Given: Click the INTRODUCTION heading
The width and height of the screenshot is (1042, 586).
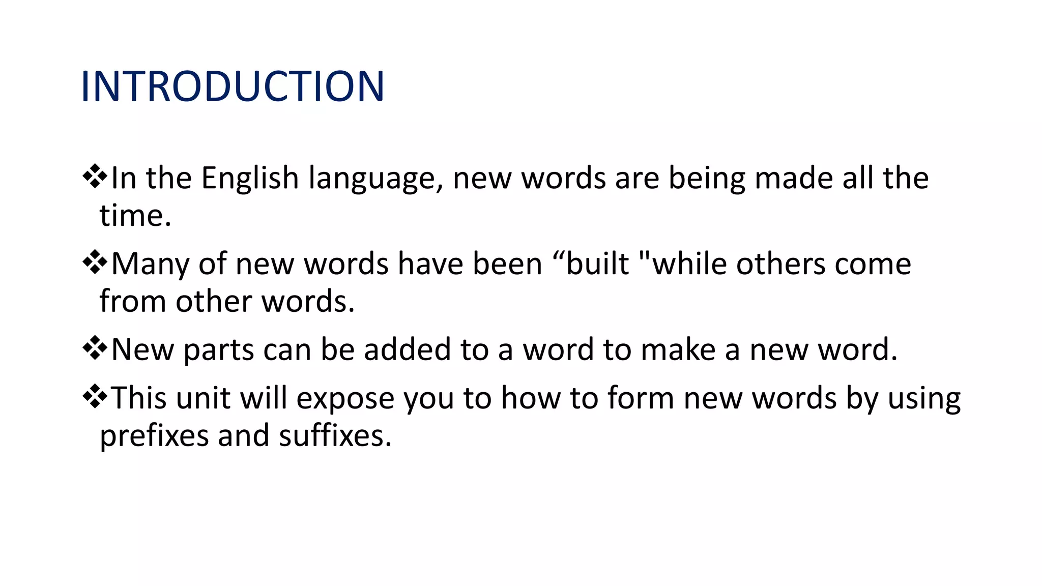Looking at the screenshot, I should (x=233, y=86).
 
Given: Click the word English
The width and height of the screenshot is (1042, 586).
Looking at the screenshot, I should (x=249, y=179).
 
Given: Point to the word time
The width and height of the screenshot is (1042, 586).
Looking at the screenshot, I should (x=134, y=216).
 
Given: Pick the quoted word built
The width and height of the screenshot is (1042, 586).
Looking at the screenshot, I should (x=597, y=264).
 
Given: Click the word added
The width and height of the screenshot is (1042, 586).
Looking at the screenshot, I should (x=407, y=350).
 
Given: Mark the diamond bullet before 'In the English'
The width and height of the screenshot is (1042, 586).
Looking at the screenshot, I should (x=95, y=178).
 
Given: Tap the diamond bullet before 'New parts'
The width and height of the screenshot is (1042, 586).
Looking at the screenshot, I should (x=95, y=349).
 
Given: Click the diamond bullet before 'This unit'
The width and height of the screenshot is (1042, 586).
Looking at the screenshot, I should (x=95, y=397).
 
